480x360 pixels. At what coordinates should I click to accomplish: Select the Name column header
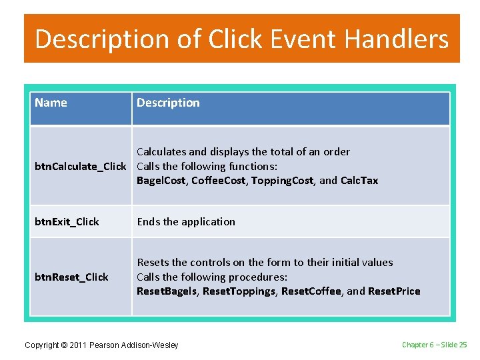pos(51,103)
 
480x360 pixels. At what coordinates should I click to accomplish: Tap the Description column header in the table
pos(168,103)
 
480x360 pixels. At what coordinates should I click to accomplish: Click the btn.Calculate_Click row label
pos(80,166)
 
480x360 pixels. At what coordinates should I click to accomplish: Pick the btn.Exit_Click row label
pos(67,222)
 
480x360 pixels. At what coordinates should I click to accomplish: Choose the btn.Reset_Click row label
pos(71,277)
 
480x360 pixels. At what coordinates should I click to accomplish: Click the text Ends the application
pos(186,222)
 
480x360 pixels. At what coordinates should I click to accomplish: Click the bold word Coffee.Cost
pos(218,181)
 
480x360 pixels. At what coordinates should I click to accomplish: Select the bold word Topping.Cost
pos(282,181)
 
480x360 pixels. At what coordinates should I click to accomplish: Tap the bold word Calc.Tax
pos(359,181)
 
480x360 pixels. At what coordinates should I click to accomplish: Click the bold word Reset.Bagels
pos(167,291)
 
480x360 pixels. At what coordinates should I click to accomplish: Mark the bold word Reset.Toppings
pos(239,291)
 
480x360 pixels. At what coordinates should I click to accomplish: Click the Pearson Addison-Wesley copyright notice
pos(101,345)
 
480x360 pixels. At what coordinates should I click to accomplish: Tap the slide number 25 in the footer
pos(463,345)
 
